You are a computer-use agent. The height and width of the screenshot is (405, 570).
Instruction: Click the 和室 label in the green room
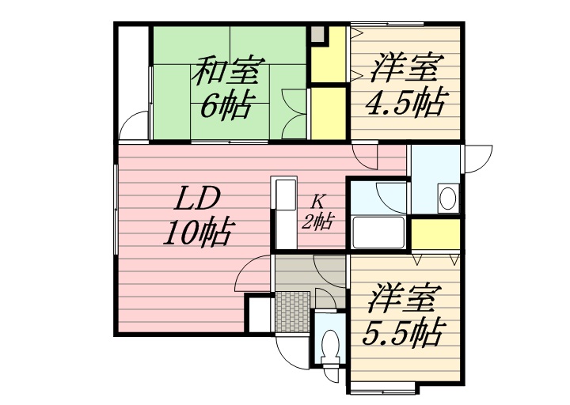[226, 70]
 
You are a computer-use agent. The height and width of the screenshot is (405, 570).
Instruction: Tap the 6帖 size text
[226, 105]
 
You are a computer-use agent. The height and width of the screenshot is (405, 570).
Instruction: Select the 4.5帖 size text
[405, 102]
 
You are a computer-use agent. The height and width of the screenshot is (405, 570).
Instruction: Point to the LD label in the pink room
[196, 199]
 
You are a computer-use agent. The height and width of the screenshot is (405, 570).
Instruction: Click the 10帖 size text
[196, 232]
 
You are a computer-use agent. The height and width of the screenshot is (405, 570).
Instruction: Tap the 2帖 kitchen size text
[317, 221]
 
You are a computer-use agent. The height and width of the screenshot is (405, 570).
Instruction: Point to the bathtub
[378, 233]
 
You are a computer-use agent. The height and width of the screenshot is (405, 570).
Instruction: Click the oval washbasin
[447, 198]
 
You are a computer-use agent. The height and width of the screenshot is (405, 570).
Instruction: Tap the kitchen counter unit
[286, 214]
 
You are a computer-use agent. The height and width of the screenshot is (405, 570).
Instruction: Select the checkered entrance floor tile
[293, 312]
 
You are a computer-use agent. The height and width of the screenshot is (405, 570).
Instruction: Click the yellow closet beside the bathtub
[435, 235]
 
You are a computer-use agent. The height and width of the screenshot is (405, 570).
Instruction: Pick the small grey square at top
[317, 34]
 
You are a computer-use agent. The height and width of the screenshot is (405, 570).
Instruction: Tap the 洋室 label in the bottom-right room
[401, 298]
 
